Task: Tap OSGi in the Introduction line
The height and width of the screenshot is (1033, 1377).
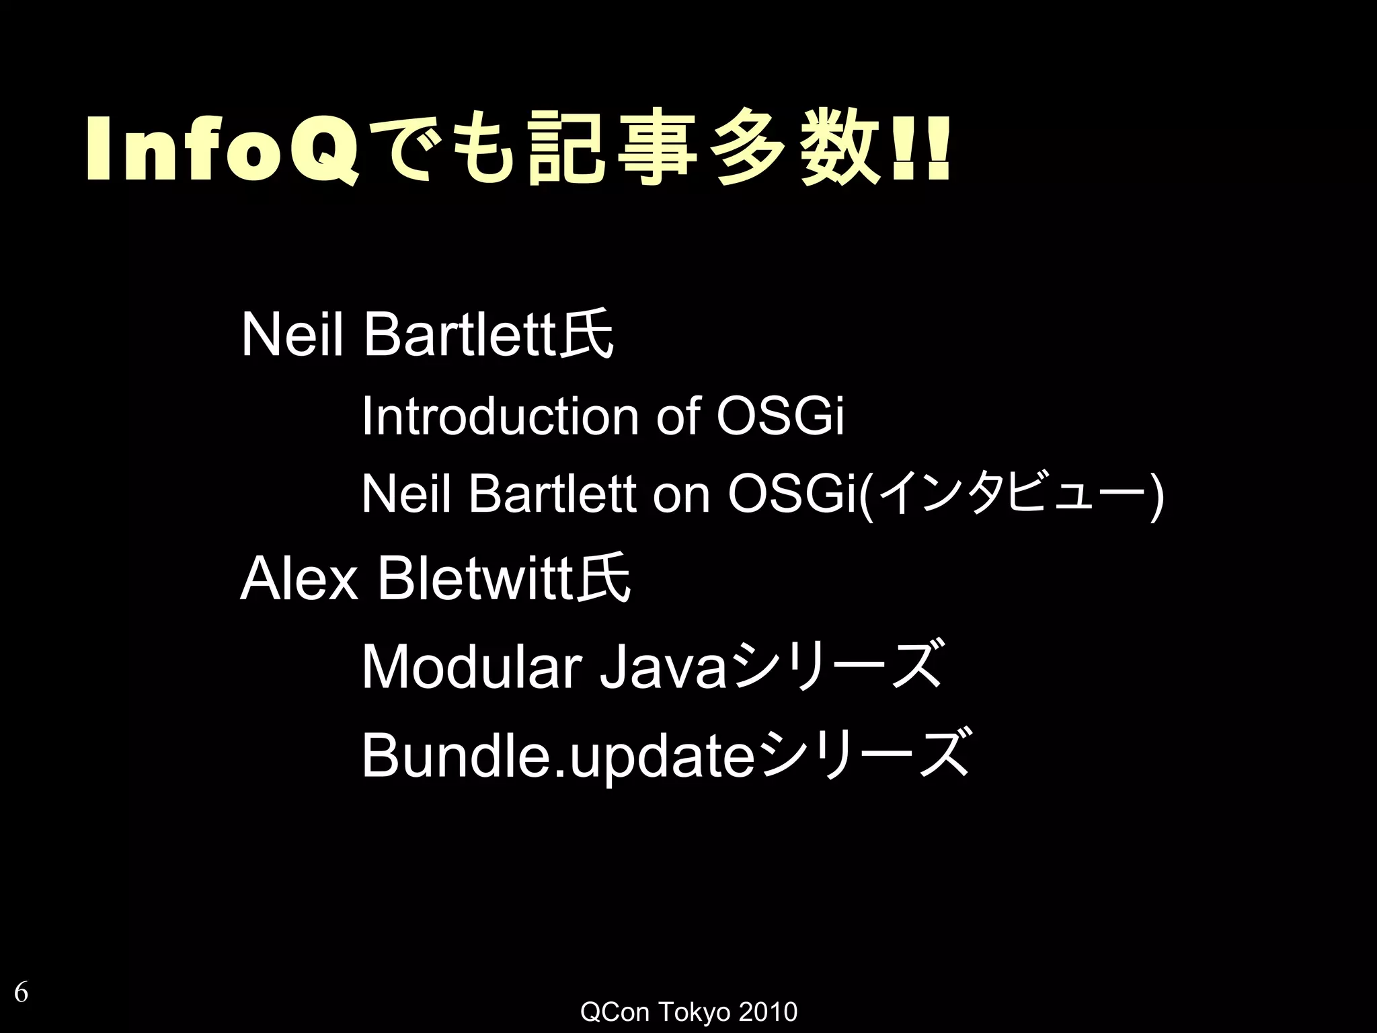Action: [779, 416]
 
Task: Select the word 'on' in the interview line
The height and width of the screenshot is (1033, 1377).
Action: [680, 494]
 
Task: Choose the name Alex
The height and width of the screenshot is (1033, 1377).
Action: [299, 579]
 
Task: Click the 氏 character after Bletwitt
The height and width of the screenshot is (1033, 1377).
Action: [606, 579]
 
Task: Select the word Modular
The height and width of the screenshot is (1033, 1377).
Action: [471, 667]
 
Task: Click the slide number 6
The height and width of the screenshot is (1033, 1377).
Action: [22, 992]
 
